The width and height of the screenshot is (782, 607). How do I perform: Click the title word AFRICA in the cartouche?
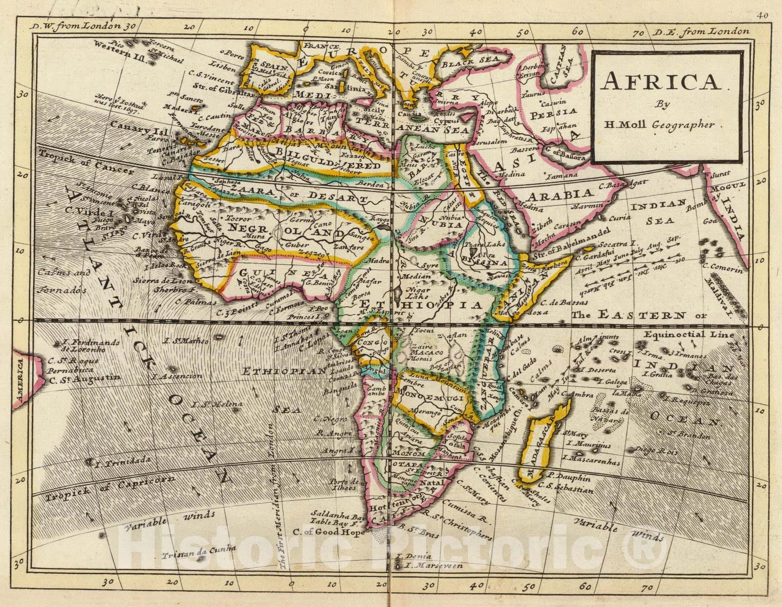point(661,82)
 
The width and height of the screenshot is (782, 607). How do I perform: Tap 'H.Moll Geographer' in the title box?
point(659,124)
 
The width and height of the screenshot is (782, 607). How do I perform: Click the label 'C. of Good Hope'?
point(328,532)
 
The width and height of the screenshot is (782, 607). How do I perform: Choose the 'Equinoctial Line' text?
point(689,335)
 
